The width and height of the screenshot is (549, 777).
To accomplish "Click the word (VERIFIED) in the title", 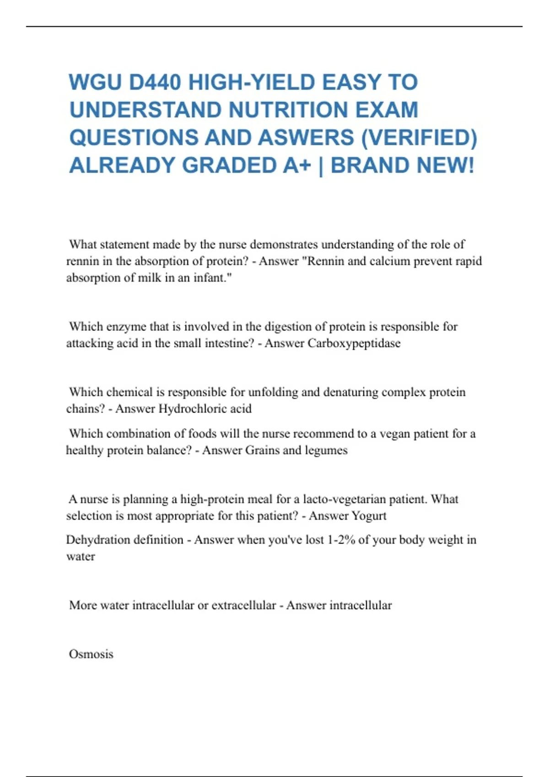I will tap(419, 138).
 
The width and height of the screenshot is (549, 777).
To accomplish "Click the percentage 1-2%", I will tap(341, 540).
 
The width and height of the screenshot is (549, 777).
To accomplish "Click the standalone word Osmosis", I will tap(91, 654).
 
